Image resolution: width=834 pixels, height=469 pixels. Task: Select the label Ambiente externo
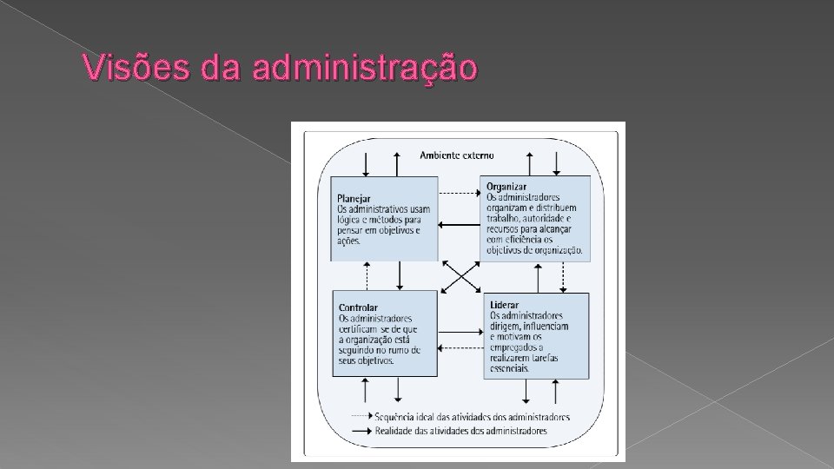click(456, 155)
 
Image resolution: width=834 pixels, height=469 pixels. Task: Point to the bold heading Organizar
click(506, 186)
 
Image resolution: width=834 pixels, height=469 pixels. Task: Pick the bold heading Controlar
click(358, 307)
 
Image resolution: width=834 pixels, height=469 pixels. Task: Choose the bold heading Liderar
click(504, 306)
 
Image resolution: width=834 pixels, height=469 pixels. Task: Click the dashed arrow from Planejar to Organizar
click(459, 193)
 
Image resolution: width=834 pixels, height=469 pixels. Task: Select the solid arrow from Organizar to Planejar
click(459, 225)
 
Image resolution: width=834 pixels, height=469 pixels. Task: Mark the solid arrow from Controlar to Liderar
click(460, 331)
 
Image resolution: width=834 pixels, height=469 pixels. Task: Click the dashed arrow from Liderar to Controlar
click(460, 348)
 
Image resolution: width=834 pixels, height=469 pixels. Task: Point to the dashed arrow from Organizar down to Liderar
click(563, 276)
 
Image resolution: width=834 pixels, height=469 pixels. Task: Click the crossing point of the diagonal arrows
click(460, 277)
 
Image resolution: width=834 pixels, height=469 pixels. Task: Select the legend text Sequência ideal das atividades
click(472, 416)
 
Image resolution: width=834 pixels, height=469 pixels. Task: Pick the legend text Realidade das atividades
click(460, 431)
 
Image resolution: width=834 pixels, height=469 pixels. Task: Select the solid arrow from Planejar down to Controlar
click(399, 276)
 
